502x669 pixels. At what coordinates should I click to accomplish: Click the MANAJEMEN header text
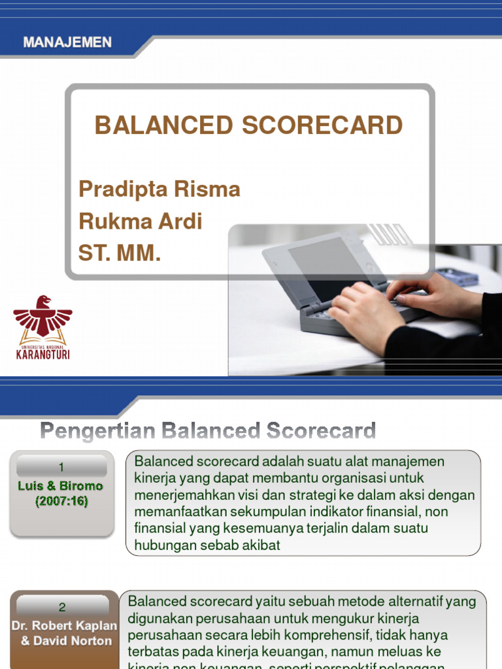tap(67, 42)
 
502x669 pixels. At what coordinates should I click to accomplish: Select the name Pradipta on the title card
tap(120, 189)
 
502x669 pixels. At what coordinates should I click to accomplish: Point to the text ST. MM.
tap(120, 253)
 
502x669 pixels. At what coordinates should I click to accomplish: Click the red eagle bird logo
tap(43, 316)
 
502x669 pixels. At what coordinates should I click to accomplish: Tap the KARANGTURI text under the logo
tap(43, 355)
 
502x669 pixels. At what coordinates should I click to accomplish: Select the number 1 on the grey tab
tap(61, 467)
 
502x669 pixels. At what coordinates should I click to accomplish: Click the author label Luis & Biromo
tap(61, 486)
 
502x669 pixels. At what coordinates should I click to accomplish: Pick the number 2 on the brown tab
tap(62, 607)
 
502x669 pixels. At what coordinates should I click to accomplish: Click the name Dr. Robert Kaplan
tap(64, 625)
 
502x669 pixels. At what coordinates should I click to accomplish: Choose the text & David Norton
tap(66, 640)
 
